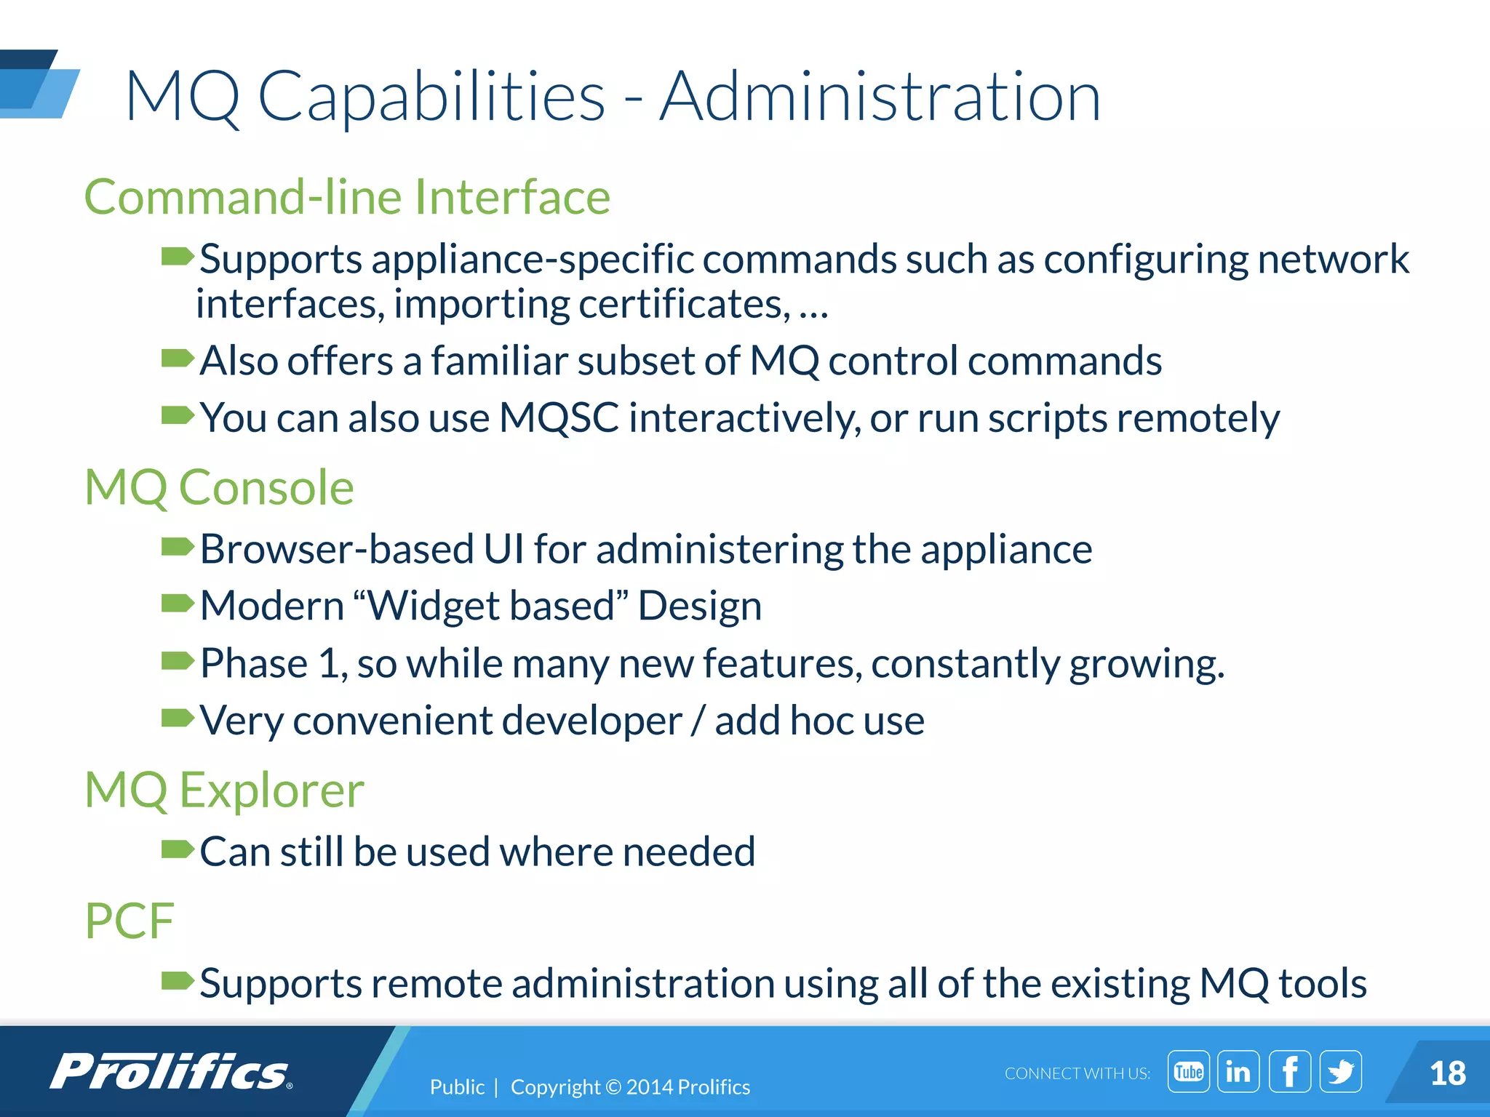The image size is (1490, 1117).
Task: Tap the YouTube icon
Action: click(1188, 1071)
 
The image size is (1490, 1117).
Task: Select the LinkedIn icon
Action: click(1238, 1071)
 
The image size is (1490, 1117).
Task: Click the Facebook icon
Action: click(1289, 1071)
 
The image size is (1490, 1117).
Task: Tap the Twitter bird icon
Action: click(1340, 1071)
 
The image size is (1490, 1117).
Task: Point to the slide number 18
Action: click(1447, 1073)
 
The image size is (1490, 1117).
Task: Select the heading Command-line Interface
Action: click(347, 197)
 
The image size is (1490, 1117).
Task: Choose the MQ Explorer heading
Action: click(224, 790)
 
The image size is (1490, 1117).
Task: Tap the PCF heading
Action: click(130, 921)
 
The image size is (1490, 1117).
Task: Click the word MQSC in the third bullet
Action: click(559, 418)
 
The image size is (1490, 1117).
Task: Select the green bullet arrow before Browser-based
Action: click(177, 547)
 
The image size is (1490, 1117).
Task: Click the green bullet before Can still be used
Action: click(177, 849)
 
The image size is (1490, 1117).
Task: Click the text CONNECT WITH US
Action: click(1077, 1073)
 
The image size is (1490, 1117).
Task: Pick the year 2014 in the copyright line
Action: click(649, 1086)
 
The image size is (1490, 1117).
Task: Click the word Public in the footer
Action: click(457, 1086)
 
